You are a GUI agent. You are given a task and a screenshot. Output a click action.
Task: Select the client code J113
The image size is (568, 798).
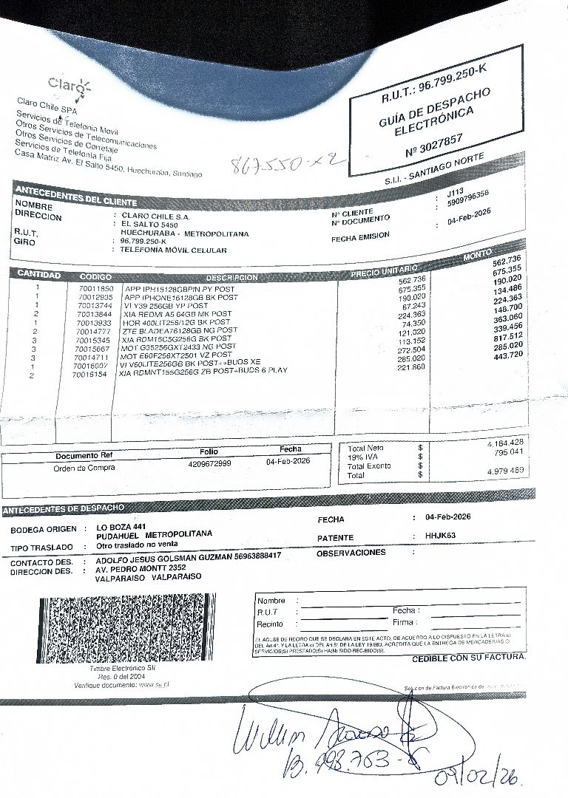tap(455, 191)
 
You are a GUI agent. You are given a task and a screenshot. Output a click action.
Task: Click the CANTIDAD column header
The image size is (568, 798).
tap(38, 275)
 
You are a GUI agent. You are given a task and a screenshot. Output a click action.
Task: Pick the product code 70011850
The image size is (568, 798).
tap(95, 289)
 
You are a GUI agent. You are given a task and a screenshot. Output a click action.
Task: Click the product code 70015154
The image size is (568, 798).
tap(89, 375)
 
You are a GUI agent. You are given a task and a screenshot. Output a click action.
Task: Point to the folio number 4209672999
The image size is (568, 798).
tap(209, 463)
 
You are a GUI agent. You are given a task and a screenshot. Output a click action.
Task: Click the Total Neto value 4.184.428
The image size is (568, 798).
tap(506, 443)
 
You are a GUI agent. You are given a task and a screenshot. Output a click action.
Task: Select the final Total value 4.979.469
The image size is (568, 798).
tap(506, 471)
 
